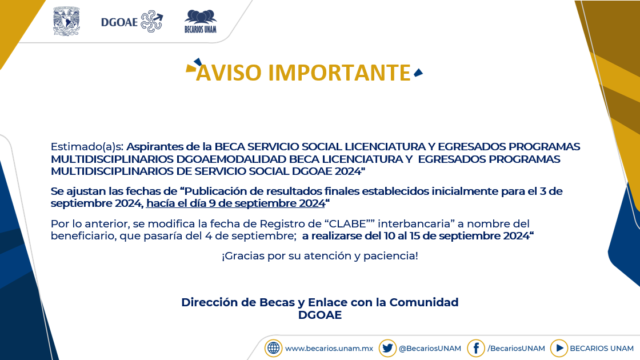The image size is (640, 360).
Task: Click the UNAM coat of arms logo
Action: pos(66,21)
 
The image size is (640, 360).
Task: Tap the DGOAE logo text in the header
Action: pos(119,22)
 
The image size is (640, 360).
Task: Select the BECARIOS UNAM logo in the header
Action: pos(201,21)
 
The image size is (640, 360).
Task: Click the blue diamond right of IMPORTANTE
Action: pos(418,73)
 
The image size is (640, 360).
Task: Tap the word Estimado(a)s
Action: pos(87,146)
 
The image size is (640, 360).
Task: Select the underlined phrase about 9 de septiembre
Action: pos(235,203)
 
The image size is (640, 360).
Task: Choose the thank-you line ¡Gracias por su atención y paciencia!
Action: pos(320,256)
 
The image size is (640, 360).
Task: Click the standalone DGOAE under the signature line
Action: pos(320,315)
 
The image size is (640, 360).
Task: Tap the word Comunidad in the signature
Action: pos(423,302)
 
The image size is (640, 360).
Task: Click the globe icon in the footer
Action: pos(274,348)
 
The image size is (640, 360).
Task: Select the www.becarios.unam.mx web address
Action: pos(329,349)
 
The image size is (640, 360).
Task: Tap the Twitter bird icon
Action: pos(387,348)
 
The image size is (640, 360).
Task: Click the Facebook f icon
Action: pos(476,348)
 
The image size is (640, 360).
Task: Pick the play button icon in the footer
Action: pos(559,348)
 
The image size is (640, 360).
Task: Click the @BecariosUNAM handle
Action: pos(430,349)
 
